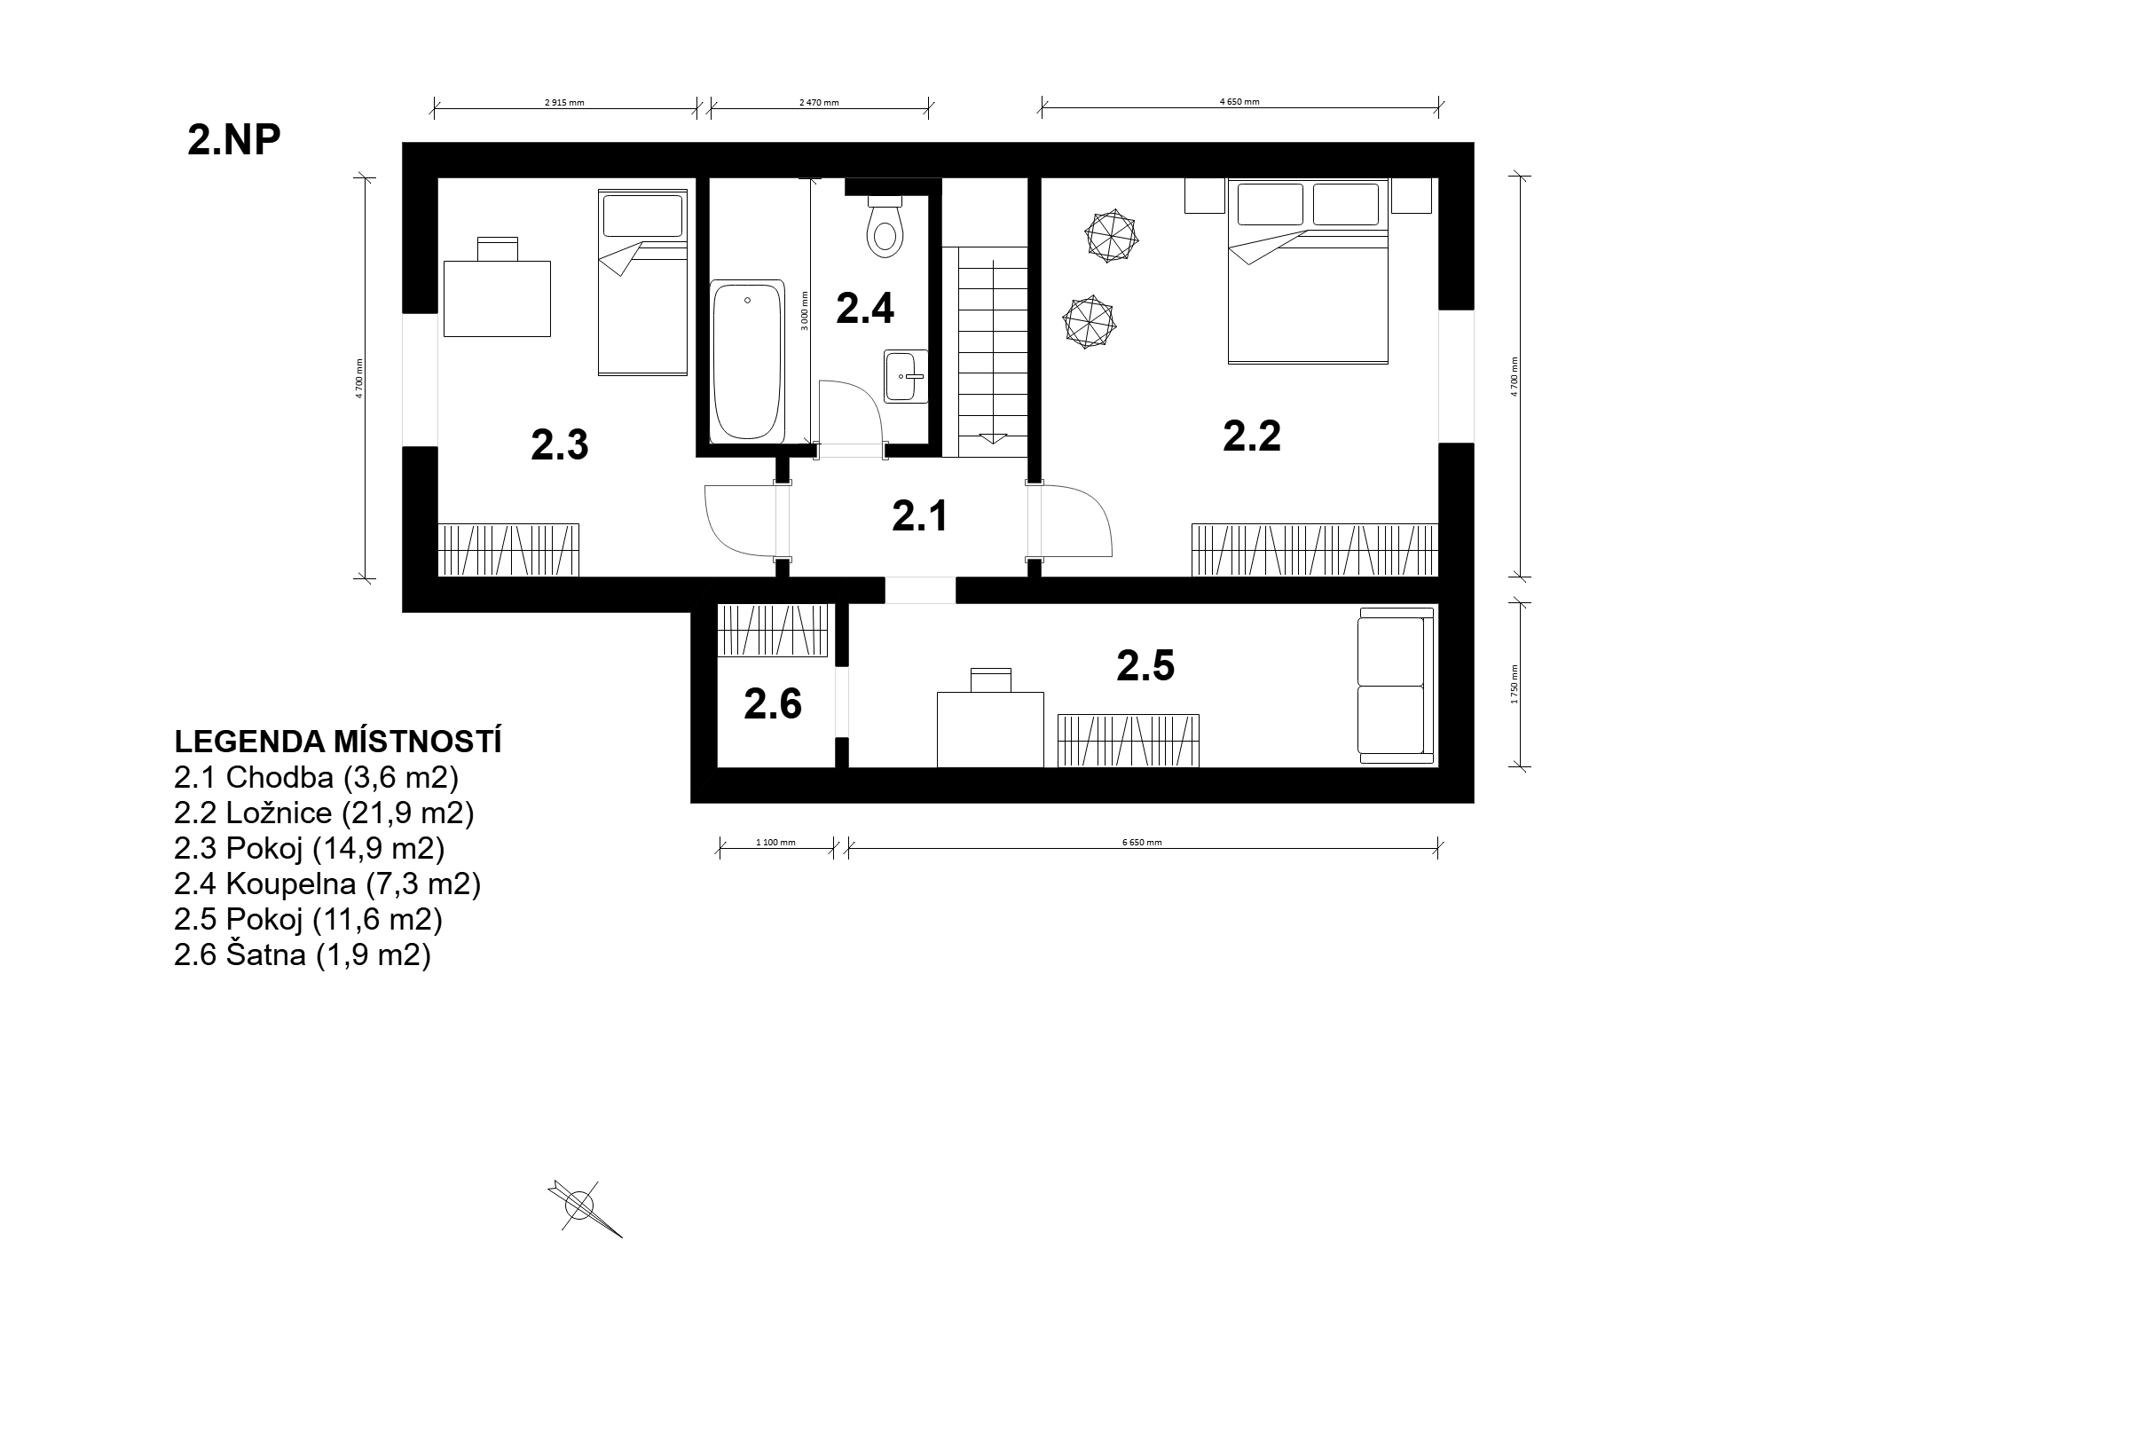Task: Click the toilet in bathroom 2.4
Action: [x=885, y=226]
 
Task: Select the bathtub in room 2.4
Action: [x=748, y=361]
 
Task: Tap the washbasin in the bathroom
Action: [x=905, y=376]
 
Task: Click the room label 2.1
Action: [x=919, y=516]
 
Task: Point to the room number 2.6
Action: [x=773, y=703]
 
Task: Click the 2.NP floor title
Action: [x=233, y=140]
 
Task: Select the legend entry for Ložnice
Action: [x=324, y=813]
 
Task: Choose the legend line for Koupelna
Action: [x=327, y=883]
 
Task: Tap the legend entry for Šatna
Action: [x=303, y=955]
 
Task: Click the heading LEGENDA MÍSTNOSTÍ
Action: [x=338, y=742]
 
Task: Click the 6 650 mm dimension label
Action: [x=1142, y=842]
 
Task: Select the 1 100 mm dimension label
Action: [x=775, y=842]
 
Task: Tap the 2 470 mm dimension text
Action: [x=819, y=103]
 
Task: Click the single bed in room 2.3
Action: [x=642, y=282]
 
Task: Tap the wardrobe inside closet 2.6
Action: [x=773, y=631]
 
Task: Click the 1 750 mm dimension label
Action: [x=1515, y=684]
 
